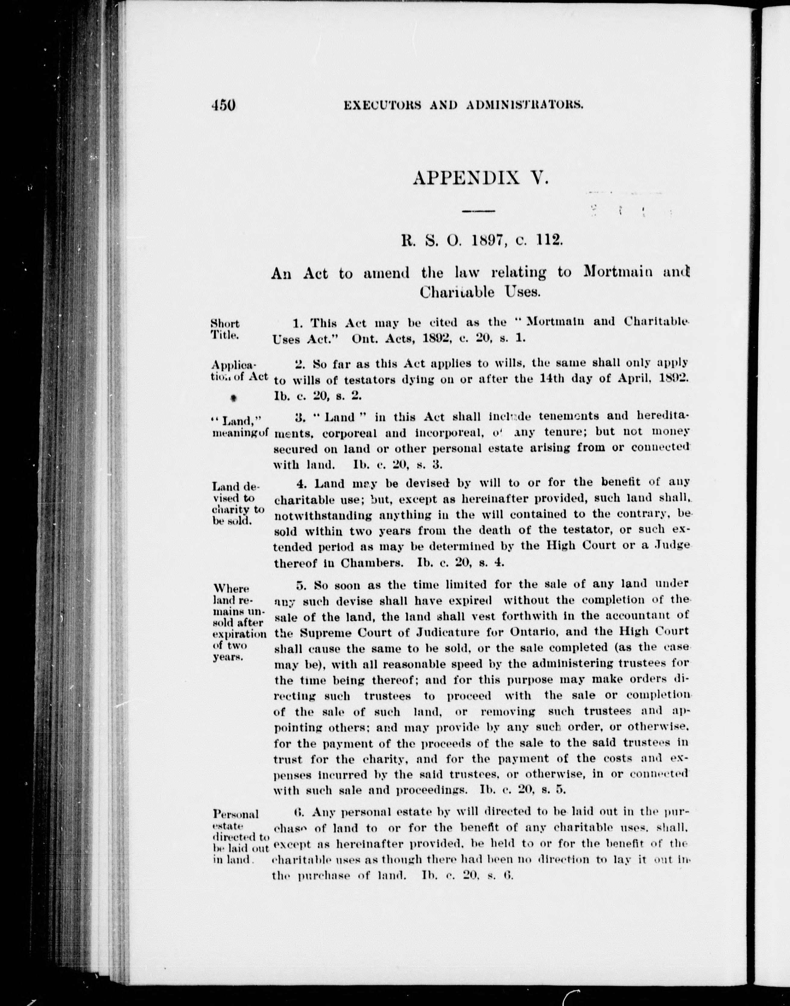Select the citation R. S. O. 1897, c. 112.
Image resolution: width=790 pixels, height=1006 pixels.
tap(480, 241)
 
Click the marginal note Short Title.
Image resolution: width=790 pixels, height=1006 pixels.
tap(225, 329)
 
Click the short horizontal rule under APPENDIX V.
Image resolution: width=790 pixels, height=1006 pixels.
tap(479, 211)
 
